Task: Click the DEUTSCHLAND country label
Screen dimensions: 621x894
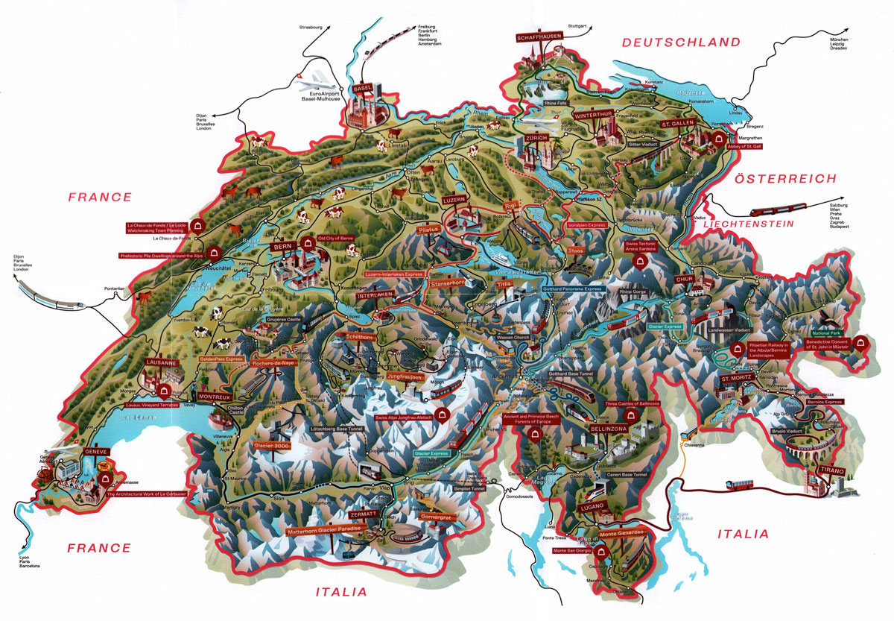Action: coord(682,42)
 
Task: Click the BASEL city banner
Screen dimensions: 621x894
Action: coord(364,86)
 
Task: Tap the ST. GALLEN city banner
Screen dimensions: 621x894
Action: coord(677,123)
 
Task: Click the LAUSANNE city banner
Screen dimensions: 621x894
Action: coord(162,363)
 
